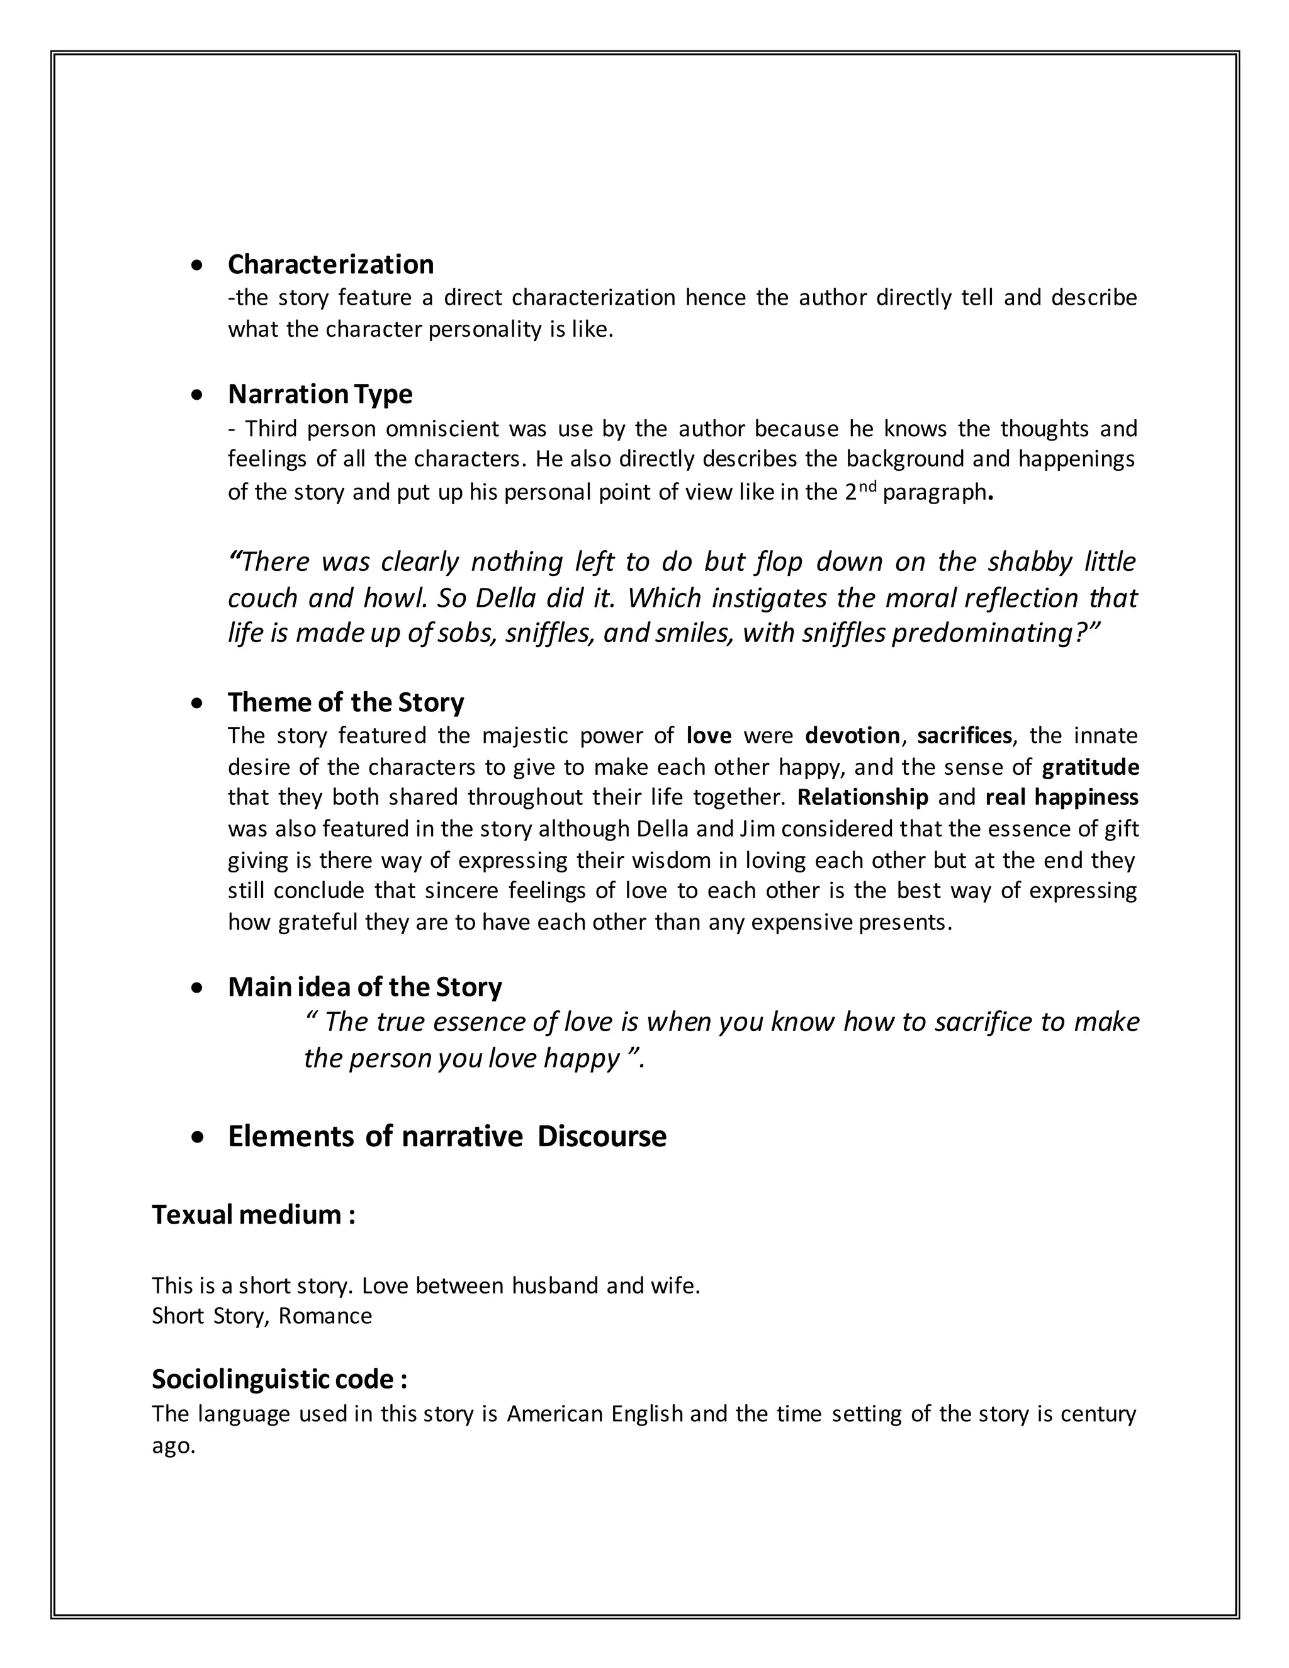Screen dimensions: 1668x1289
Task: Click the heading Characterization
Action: [330, 264]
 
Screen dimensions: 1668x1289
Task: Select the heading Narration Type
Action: [320, 394]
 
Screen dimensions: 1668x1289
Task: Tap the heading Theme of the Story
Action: [345, 702]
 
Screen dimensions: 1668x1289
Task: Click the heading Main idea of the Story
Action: [364, 987]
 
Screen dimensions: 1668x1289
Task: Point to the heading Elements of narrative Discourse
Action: [447, 1136]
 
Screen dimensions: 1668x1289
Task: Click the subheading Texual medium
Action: [253, 1214]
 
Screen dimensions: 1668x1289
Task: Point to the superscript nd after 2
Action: [867, 487]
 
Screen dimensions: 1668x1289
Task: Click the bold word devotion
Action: [852, 735]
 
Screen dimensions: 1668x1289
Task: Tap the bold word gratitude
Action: [1091, 767]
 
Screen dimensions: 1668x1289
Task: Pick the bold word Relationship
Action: [862, 797]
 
